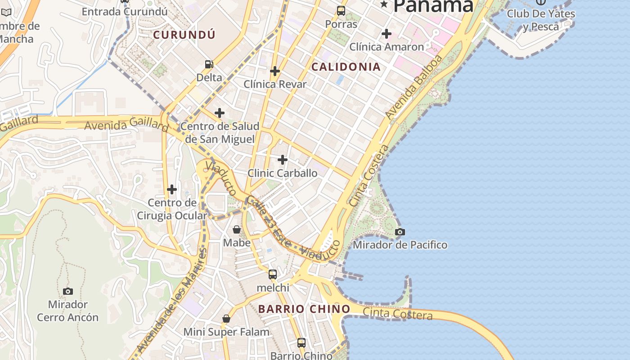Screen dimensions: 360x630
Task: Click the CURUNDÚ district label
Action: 184,35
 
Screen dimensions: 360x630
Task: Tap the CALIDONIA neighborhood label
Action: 346,67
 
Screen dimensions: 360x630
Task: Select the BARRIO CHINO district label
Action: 304,309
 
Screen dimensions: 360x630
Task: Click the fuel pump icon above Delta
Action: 209,64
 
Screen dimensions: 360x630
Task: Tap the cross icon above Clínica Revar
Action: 275,71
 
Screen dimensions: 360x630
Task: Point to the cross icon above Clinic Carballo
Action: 283,160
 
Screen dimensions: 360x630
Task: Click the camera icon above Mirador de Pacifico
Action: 400,232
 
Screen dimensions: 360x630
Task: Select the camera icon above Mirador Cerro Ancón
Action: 68,292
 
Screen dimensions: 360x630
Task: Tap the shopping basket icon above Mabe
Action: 237,230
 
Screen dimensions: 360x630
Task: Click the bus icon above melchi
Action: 273,274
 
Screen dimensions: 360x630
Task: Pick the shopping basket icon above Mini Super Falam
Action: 226,319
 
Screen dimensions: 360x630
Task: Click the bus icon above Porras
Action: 341,11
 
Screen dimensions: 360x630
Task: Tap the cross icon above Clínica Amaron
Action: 387,33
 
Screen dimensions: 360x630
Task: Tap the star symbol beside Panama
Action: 384,4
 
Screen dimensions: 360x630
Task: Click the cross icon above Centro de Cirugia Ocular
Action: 172,189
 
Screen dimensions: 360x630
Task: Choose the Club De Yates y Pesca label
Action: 541,20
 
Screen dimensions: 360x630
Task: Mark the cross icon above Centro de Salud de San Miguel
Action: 220,112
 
